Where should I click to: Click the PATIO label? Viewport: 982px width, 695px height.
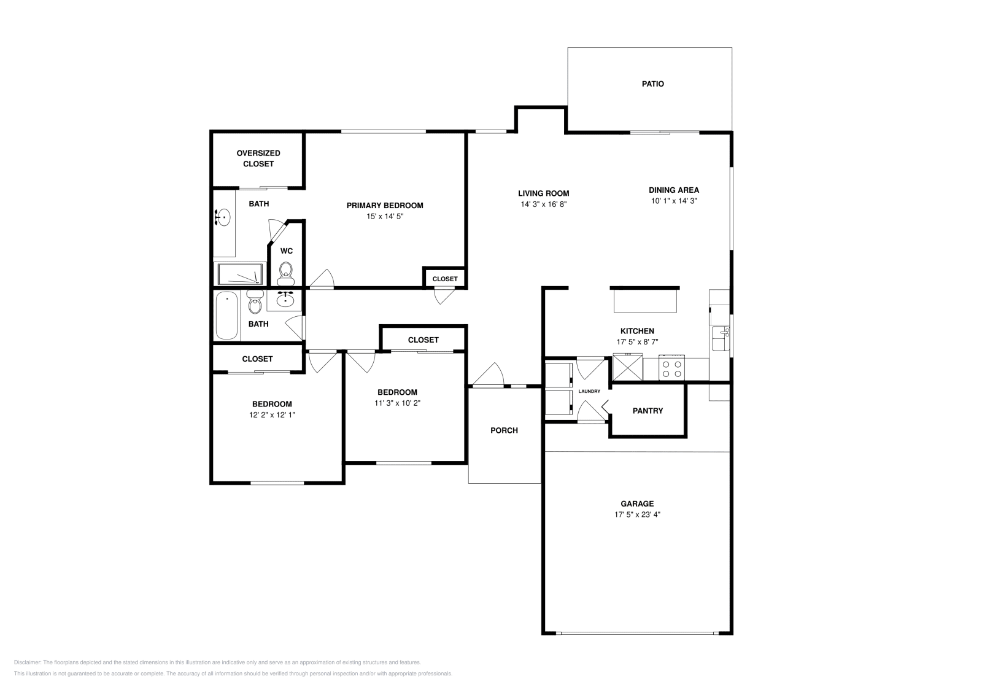point(652,84)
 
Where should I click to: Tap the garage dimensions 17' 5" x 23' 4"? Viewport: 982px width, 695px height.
point(637,515)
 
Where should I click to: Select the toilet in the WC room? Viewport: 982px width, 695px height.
point(286,272)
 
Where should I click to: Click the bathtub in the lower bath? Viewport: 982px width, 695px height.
point(226,316)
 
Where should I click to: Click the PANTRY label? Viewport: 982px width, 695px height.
point(648,411)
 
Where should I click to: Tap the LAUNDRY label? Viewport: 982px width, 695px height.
point(589,392)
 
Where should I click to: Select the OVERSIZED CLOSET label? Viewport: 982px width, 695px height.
point(258,158)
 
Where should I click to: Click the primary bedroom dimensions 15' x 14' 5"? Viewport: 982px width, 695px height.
point(385,217)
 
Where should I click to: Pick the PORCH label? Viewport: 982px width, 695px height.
point(504,430)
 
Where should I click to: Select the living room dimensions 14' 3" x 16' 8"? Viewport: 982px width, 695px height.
point(543,204)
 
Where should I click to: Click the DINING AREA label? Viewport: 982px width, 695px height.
point(674,190)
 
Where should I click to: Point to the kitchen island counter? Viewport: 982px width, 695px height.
point(644,301)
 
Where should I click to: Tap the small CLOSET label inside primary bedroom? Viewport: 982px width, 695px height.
point(445,279)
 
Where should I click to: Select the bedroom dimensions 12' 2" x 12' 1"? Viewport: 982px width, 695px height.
point(272,415)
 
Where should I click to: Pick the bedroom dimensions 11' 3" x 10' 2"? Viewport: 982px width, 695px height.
point(397,403)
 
